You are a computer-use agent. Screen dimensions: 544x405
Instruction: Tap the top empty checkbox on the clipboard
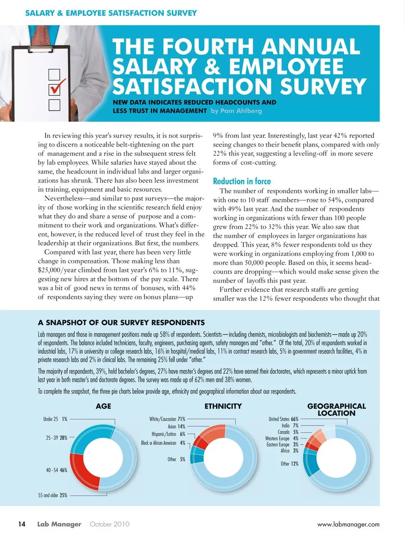coord(54,75)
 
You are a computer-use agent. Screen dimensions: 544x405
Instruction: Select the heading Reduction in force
coord(242,181)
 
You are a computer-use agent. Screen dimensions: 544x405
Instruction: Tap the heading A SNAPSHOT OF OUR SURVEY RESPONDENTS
coord(121,323)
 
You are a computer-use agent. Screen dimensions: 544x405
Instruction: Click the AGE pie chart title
coord(103,406)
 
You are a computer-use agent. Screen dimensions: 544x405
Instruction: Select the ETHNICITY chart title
coord(223,406)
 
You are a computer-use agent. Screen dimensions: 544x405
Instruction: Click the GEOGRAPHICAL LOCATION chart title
coord(336,409)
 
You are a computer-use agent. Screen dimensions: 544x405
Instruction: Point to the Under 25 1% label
coord(55,419)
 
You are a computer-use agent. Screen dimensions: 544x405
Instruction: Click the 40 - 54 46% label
coord(57,470)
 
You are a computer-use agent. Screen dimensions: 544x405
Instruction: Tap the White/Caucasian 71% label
coord(167,419)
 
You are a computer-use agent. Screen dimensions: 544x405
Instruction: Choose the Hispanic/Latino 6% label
coord(168,434)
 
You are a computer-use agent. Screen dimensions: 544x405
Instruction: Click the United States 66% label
coord(283,419)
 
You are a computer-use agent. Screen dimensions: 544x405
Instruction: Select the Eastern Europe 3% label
coord(282,444)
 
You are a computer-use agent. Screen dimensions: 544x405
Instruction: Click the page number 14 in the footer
coord(22,524)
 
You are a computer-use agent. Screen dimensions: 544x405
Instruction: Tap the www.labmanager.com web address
coord(348,525)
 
